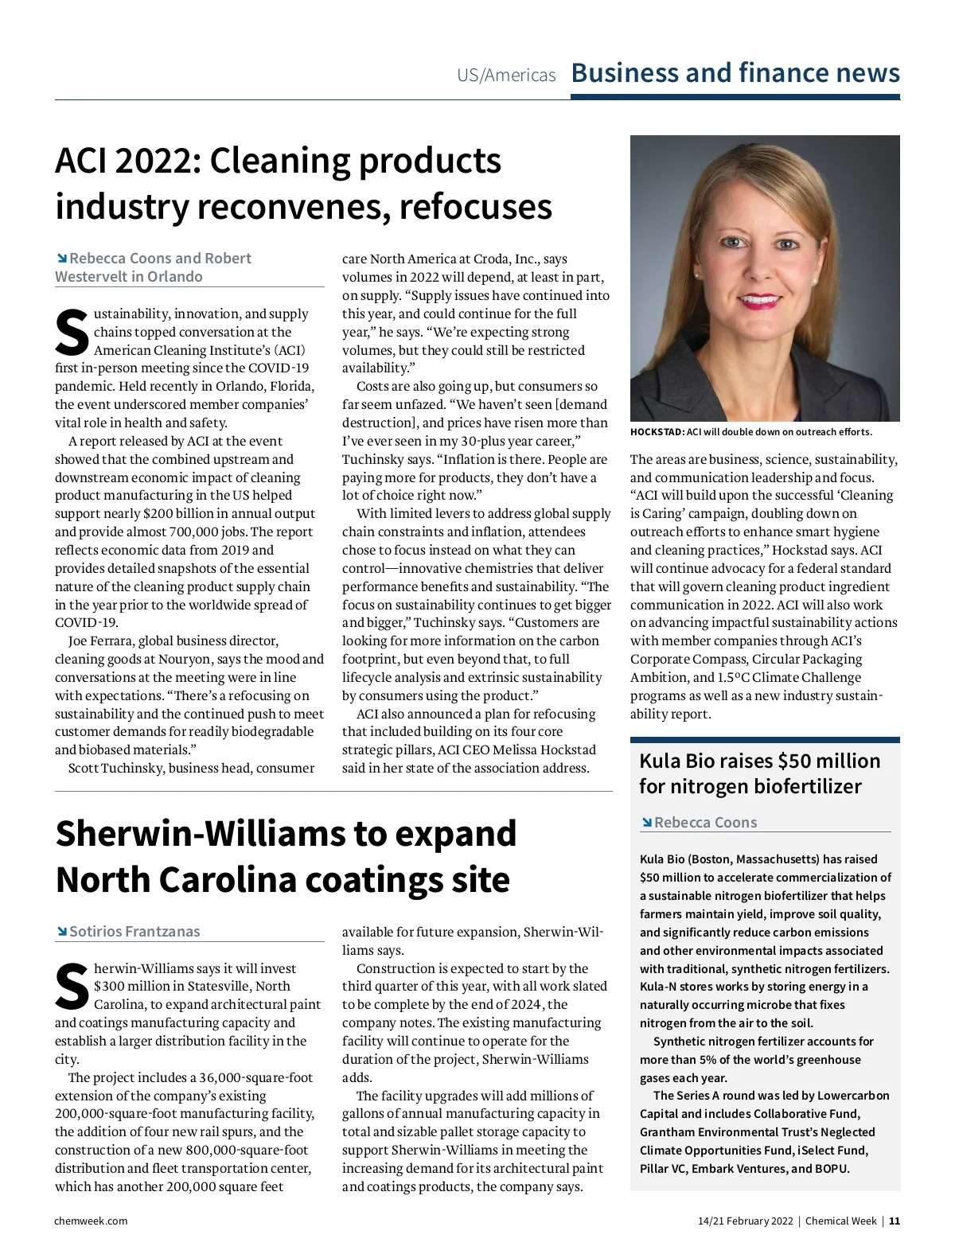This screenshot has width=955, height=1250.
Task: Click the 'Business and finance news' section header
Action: (735, 73)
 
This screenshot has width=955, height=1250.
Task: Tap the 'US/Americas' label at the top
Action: (506, 76)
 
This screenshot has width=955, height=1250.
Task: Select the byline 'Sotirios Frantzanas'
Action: (134, 931)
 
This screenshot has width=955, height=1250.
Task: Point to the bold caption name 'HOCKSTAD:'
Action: (657, 432)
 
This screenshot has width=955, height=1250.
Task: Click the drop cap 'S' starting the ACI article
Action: (72, 333)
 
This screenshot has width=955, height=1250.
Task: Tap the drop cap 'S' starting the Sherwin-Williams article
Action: (72, 987)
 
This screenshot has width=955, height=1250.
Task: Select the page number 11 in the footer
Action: (895, 1221)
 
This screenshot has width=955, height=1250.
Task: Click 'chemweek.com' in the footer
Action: (91, 1221)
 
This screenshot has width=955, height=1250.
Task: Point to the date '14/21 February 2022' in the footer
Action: (745, 1221)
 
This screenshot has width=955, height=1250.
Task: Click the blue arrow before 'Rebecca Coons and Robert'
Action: (61, 258)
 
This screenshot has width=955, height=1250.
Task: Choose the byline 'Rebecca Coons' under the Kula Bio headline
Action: (705, 822)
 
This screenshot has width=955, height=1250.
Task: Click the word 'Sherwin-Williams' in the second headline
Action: (199, 834)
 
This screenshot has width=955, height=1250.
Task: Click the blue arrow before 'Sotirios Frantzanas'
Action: (61, 931)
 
